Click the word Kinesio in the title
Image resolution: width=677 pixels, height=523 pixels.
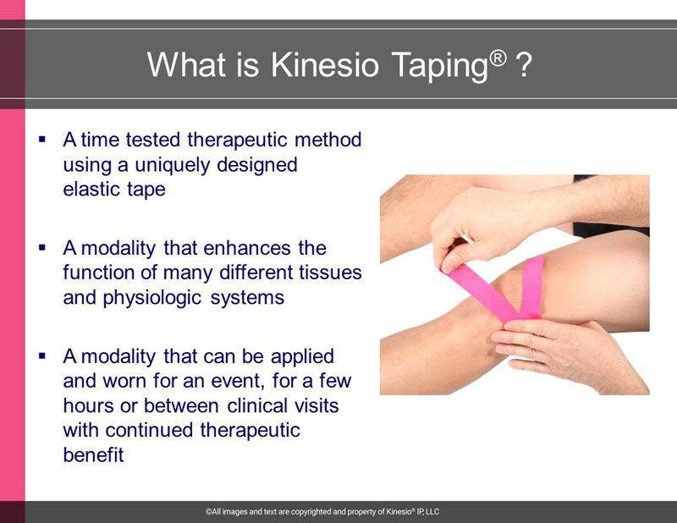325,65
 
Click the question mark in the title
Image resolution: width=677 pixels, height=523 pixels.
524,65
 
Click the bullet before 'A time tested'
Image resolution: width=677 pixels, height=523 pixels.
41,139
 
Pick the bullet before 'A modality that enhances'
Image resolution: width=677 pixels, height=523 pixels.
41,247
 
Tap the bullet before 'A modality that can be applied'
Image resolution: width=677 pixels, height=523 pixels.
41,356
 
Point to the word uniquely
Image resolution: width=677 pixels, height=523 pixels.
172,166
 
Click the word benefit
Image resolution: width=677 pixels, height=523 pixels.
93,454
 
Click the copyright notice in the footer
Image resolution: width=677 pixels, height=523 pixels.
322,512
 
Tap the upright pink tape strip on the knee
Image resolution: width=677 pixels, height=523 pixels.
532,287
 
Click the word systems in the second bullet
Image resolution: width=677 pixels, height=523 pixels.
247,299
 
